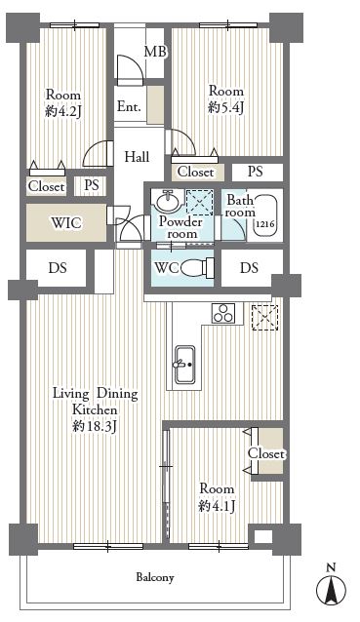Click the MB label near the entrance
click(155, 52)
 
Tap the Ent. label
click(129, 106)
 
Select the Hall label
click(137, 157)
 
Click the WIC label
click(66, 223)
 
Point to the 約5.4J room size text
click(225, 107)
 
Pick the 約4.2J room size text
click(63, 111)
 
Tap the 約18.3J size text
click(94, 426)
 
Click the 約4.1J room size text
click(218, 506)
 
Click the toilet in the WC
click(198, 268)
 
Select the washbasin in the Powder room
click(168, 201)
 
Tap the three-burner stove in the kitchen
click(223, 313)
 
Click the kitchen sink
click(185, 365)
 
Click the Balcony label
click(155, 577)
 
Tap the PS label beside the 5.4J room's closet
click(256, 172)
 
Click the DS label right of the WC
click(249, 268)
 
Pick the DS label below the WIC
click(58, 268)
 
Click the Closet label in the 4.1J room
click(266, 453)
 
